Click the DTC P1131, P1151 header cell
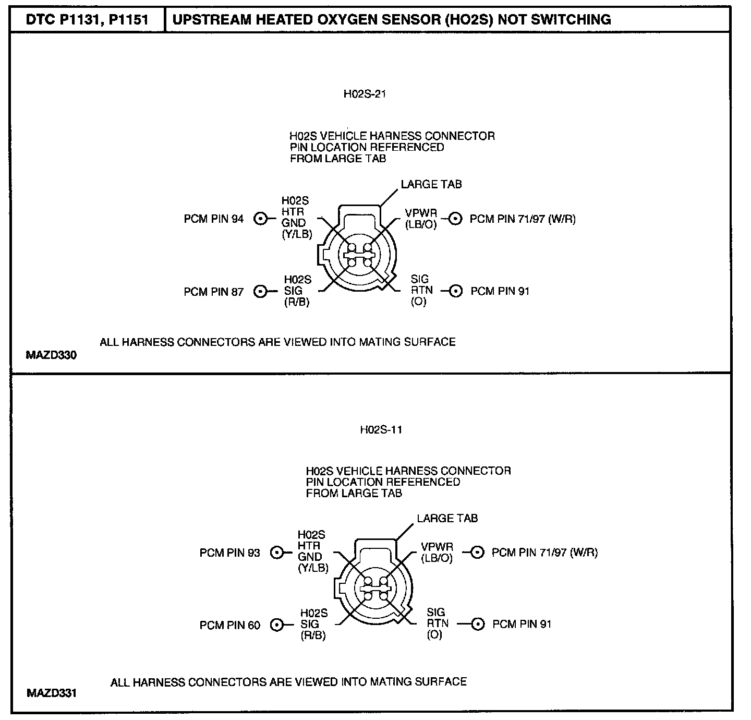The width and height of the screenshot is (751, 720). click(88, 20)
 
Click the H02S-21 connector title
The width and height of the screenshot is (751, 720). click(365, 94)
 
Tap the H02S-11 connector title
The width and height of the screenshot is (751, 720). click(381, 430)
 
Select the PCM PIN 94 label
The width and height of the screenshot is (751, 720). click(213, 219)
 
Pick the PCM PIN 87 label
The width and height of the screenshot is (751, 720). click(213, 292)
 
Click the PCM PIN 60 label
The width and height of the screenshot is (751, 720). click(229, 625)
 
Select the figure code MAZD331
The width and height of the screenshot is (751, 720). click(51, 693)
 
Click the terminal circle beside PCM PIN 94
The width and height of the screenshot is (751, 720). click(260, 219)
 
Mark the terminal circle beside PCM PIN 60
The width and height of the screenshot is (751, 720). click(277, 625)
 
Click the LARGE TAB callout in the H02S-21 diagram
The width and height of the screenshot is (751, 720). click(431, 184)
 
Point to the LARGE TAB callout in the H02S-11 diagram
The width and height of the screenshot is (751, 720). click(447, 519)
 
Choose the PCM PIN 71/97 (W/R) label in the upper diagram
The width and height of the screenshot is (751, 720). click(523, 219)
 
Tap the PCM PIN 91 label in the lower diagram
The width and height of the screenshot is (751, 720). click(522, 624)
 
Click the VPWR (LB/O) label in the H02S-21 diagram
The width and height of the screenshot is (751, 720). click(421, 219)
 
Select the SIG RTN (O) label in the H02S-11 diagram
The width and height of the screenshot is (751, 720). click(435, 623)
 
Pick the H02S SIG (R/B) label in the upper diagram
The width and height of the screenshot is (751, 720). click(297, 291)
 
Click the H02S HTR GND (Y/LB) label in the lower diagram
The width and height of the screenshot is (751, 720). click(312, 551)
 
